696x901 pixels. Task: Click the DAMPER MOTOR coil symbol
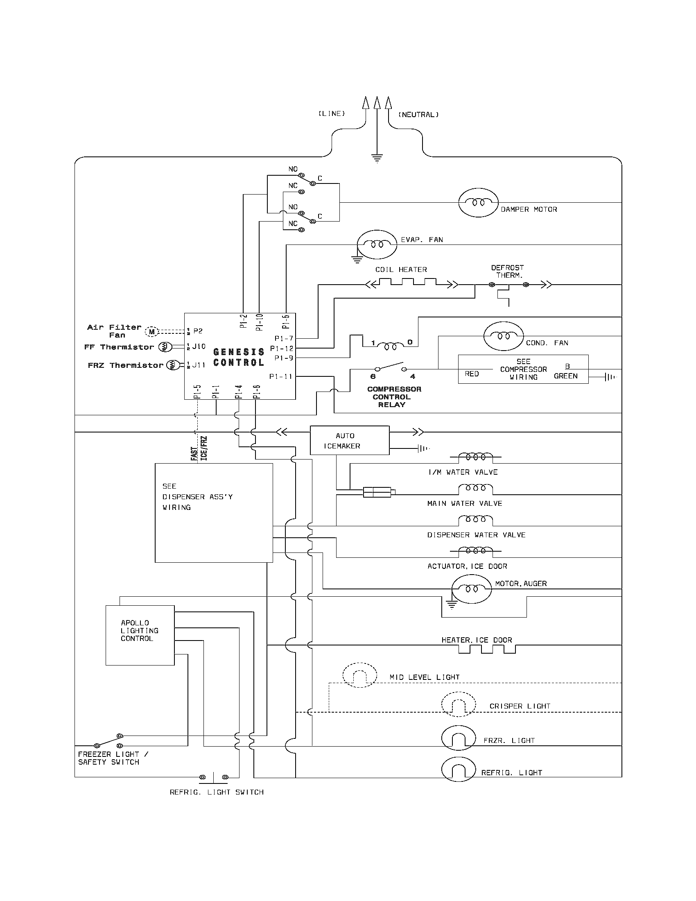(478, 203)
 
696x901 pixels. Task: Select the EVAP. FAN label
(422, 240)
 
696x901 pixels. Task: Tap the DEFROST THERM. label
(508, 272)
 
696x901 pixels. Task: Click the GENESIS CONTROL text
(238, 357)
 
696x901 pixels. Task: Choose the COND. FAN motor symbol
(504, 336)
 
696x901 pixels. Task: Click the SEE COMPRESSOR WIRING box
(523, 369)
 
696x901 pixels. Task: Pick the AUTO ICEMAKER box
(349, 441)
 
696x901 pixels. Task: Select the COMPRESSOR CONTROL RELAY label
(394, 397)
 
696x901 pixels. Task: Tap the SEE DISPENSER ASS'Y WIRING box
(214, 513)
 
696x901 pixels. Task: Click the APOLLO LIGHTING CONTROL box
(140, 635)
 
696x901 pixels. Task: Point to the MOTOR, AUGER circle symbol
(472, 589)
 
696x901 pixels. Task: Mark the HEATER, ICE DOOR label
(477, 640)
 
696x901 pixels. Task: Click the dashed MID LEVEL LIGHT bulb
(359, 675)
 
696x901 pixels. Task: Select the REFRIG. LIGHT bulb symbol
(459, 770)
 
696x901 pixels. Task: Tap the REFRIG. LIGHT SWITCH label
(217, 792)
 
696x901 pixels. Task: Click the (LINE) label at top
(332, 113)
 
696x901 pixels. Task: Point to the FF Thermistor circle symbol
(165, 347)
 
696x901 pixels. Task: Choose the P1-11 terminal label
(280, 376)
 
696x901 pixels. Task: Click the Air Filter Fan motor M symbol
(152, 331)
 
